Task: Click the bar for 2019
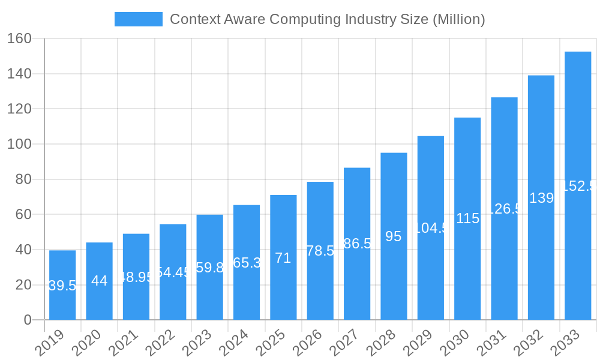tap(62, 285)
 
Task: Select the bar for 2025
tap(283, 257)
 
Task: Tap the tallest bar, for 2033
tap(578, 186)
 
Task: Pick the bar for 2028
tap(394, 236)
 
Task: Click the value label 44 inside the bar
tap(99, 281)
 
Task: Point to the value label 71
tap(283, 258)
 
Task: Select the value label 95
tap(394, 236)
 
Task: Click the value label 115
tap(467, 218)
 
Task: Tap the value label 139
tap(541, 198)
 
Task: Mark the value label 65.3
tap(247, 263)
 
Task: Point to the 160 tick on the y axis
tap(19, 38)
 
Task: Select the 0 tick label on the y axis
tap(27, 320)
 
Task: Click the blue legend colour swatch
tap(139, 19)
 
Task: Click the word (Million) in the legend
tap(458, 19)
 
